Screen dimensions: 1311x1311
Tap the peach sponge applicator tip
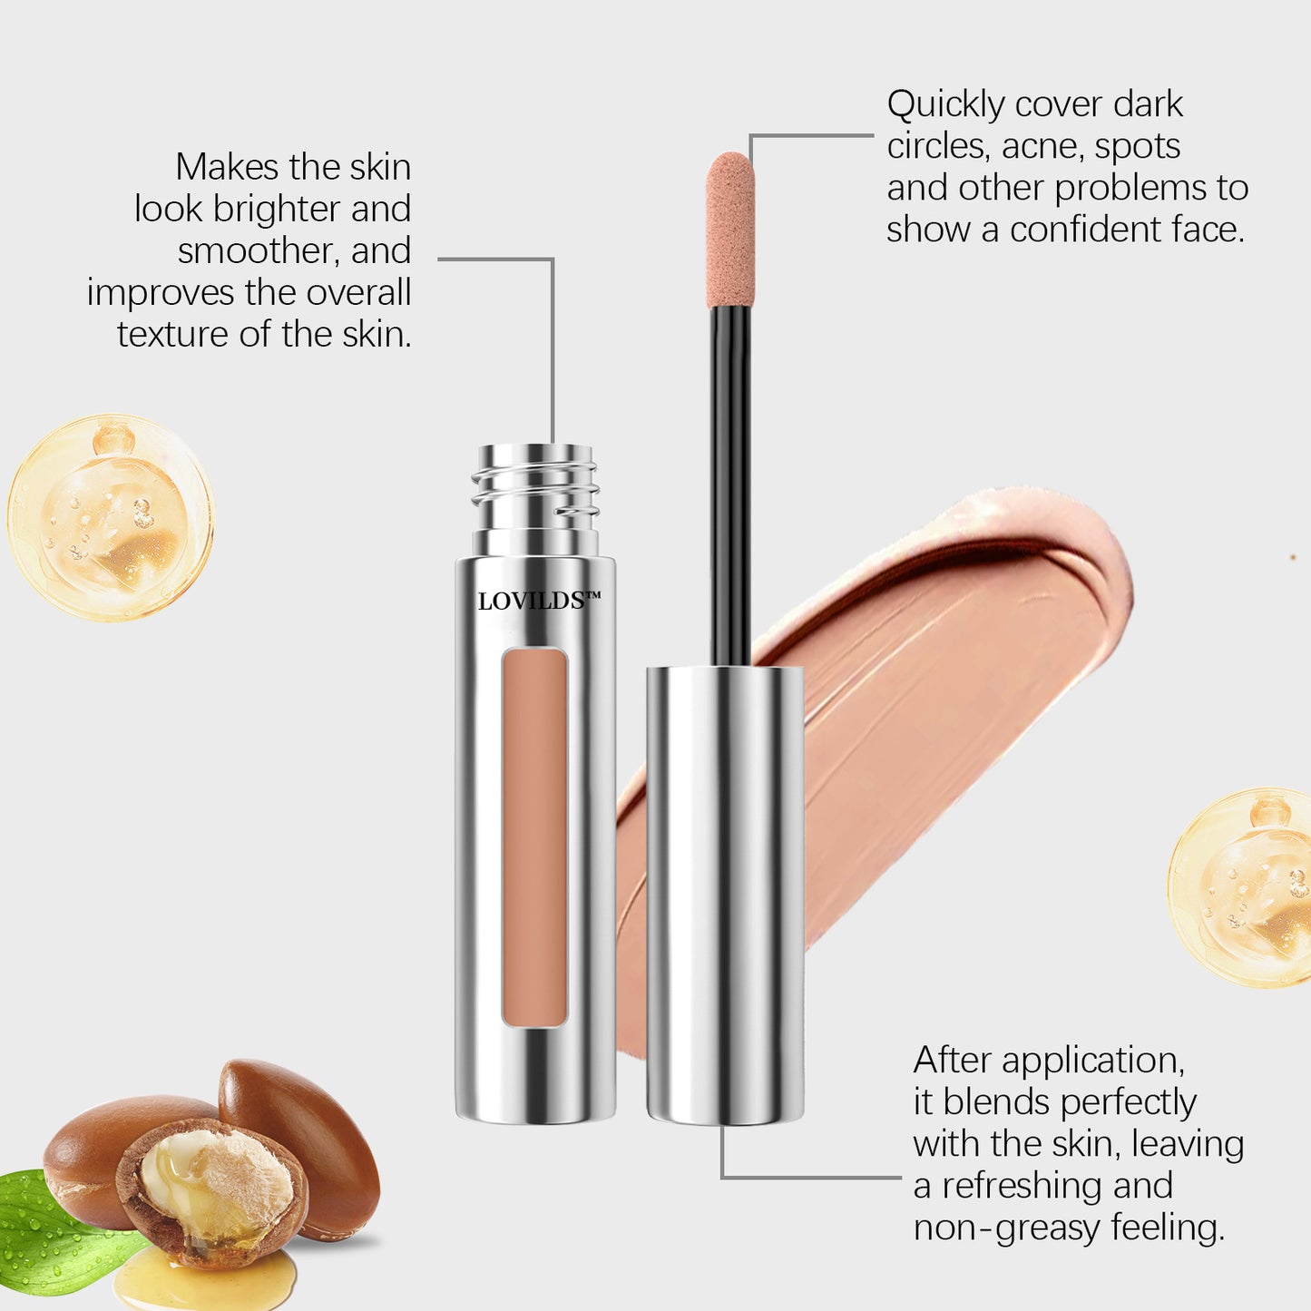(729, 230)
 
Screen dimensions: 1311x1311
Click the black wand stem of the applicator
(730, 486)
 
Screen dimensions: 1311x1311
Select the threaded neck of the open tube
(534, 500)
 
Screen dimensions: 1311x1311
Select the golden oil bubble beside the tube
(111, 518)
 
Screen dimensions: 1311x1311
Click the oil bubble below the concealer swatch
(1239, 888)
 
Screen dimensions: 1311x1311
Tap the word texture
(173, 335)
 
